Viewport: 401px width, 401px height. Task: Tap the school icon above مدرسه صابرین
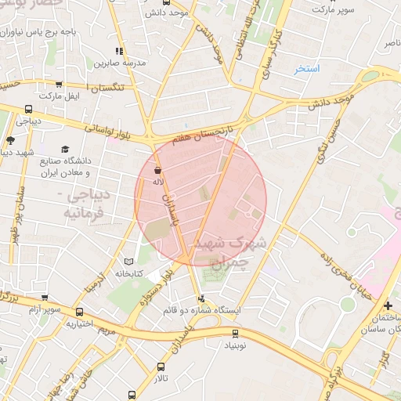point(119,52)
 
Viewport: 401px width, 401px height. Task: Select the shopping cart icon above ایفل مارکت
point(60,84)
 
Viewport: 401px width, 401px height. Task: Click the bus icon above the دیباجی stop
point(29,110)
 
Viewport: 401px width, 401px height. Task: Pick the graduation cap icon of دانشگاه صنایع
point(65,149)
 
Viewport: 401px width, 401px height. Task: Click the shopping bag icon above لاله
point(158,170)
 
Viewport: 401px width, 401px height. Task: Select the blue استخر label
point(308,69)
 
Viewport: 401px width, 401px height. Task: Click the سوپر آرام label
point(45,310)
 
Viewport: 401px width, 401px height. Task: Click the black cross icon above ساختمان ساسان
point(388,305)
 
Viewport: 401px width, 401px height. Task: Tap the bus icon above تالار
point(161,367)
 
